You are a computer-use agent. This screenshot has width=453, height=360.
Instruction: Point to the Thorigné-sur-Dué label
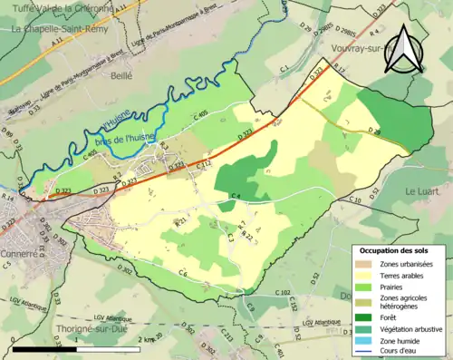click(63, 330)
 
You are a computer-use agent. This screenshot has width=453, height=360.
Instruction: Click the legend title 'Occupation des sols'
click(397, 249)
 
